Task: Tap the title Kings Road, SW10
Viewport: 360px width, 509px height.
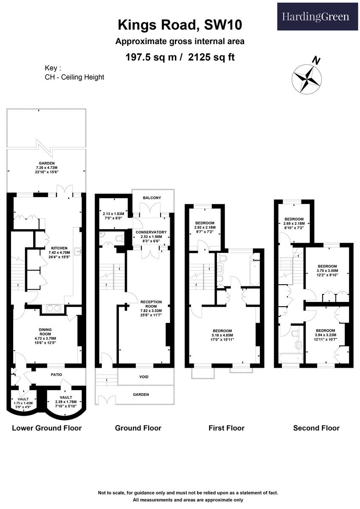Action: pos(180,25)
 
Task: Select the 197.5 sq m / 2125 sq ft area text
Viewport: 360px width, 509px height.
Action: pos(180,57)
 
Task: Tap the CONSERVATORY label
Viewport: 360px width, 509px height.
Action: pos(151,232)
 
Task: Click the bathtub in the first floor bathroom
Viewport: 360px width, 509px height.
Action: pos(254,272)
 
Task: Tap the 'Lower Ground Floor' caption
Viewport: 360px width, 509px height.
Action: pos(47,428)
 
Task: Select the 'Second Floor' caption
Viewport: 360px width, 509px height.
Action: pos(316,428)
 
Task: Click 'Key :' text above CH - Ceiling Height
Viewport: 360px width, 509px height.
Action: pos(53,68)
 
